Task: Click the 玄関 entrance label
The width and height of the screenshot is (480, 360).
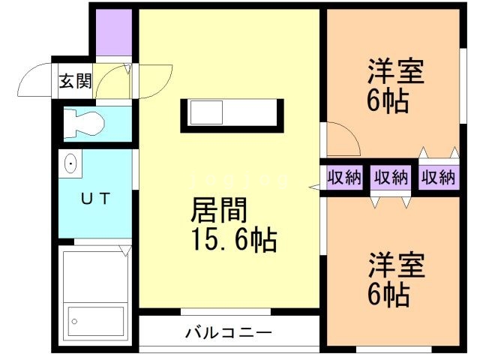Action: click(75, 81)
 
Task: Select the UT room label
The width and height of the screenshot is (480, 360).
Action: click(95, 199)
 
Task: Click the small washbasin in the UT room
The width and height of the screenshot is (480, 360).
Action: click(72, 163)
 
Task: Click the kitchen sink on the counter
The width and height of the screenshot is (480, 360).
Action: click(205, 114)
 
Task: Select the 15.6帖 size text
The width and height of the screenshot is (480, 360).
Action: click(232, 241)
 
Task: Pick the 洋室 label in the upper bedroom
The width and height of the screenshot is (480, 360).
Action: click(395, 73)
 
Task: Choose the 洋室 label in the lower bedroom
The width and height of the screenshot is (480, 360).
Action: click(395, 266)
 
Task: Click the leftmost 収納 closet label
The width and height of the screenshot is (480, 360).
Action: click(343, 178)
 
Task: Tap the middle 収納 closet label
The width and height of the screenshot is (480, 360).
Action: click(391, 178)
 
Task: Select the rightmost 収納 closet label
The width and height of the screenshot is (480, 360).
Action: click(438, 178)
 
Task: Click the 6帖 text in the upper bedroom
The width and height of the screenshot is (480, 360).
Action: click(388, 101)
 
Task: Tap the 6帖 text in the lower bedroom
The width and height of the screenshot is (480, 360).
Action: click(388, 295)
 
